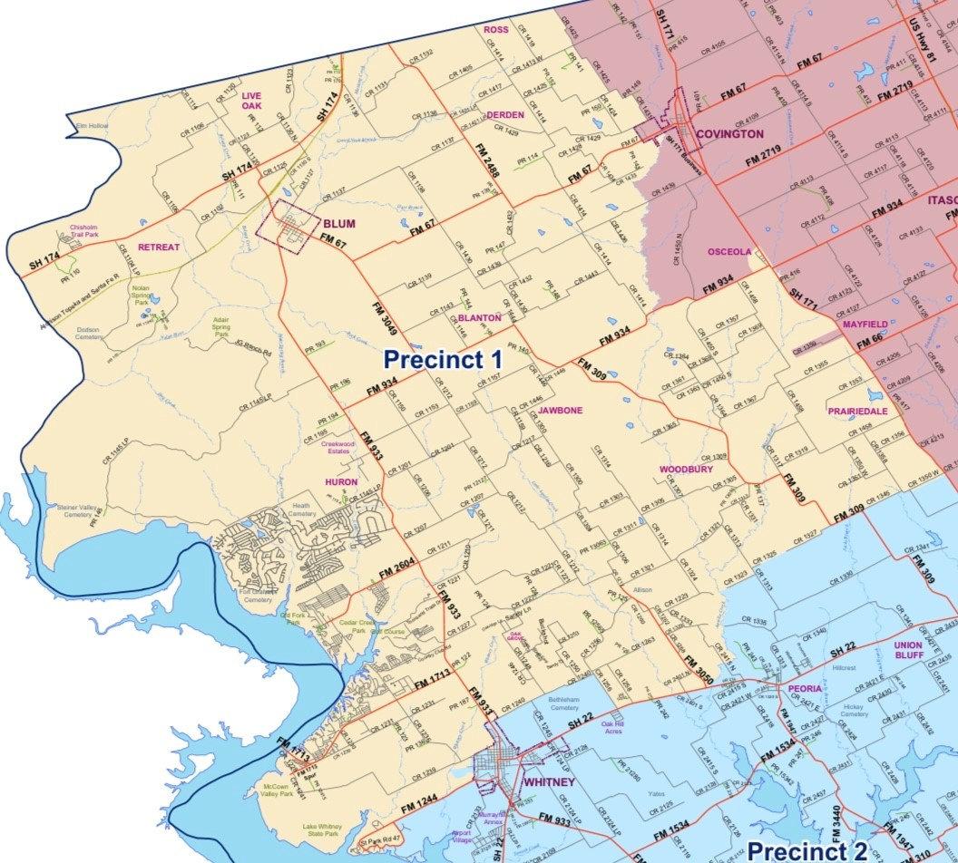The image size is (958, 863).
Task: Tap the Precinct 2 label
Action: point(807,849)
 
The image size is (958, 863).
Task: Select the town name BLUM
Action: point(338,223)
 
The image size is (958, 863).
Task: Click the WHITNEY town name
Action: point(549,781)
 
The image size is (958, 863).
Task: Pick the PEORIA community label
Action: point(805,688)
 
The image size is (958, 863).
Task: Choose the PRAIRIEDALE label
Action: point(857,411)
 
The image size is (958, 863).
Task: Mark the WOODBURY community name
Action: point(686,470)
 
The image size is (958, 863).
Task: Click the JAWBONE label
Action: point(560,410)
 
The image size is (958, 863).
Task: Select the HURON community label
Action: point(341,481)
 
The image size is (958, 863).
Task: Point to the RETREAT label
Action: point(159,247)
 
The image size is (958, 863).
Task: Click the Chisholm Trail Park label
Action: point(83,231)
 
